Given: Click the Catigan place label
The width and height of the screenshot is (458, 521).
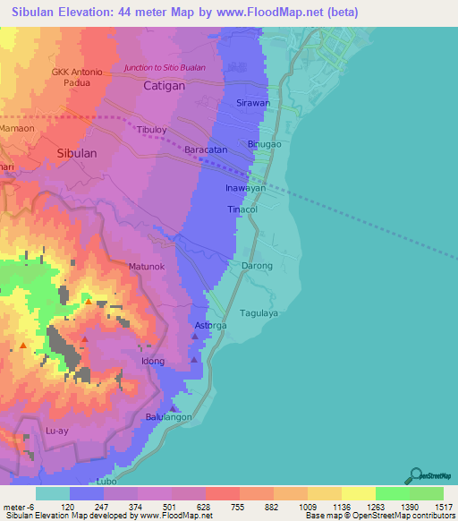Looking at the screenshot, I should click(x=164, y=86).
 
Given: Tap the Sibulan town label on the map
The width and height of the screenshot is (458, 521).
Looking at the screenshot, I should click(x=76, y=153).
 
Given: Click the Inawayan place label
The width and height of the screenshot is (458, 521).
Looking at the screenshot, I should click(x=245, y=189).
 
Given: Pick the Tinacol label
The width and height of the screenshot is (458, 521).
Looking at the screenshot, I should click(x=242, y=209).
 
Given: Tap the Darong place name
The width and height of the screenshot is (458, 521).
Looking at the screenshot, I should click(x=258, y=266).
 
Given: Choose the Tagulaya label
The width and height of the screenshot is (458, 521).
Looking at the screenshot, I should click(x=260, y=312).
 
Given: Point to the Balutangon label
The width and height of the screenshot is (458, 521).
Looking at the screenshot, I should click(x=169, y=417).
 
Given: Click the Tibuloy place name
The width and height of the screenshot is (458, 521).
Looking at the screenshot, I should click(x=151, y=130).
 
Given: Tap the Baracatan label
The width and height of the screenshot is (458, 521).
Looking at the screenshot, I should click(x=206, y=149).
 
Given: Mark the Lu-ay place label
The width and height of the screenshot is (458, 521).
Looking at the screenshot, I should click(x=56, y=431).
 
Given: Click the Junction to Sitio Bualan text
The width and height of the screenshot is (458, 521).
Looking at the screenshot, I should click(x=165, y=68).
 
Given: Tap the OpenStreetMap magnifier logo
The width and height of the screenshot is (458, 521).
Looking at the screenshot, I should click(x=416, y=474).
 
